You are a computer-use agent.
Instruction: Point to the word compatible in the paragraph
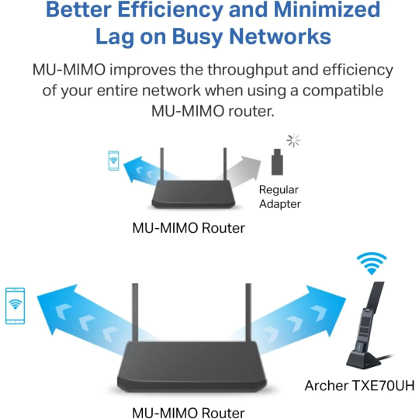click(x=342, y=91)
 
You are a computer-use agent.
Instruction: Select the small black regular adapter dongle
click(x=277, y=164)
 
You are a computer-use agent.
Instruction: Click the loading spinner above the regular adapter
click(x=293, y=140)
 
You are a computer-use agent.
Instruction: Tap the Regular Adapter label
click(x=279, y=196)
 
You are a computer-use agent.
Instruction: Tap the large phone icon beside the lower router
click(x=15, y=306)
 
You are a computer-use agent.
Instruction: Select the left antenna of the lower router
click(x=135, y=314)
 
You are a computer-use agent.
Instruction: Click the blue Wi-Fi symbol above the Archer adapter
click(x=371, y=264)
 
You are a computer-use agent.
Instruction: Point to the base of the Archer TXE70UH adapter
click(x=365, y=360)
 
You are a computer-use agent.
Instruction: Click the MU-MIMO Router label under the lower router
click(x=189, y=412)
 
